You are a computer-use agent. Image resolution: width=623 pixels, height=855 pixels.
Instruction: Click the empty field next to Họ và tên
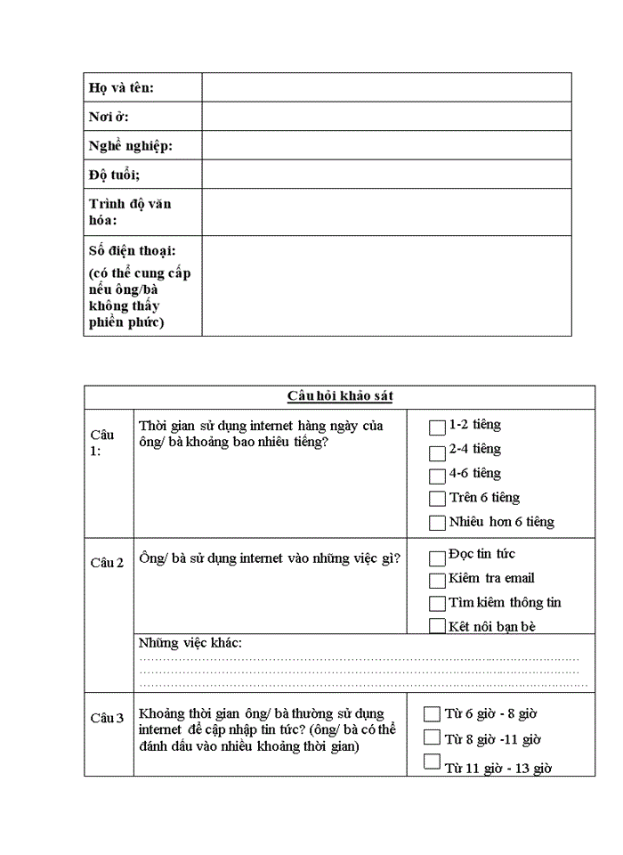(x=386, y=87)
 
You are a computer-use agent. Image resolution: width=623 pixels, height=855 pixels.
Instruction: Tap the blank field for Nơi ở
(x=386, y=117)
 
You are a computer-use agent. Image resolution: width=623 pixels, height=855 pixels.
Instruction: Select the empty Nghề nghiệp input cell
(x=386, y=145)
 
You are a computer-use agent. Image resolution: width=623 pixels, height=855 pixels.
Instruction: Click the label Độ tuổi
(x=114, y=175)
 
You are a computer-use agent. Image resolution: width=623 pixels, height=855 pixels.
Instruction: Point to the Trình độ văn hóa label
(x=130, y=212)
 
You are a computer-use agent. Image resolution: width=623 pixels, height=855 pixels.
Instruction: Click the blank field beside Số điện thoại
(x=386, y=286)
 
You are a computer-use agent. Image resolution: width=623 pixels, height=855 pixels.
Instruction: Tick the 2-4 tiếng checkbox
(x=437, y=452)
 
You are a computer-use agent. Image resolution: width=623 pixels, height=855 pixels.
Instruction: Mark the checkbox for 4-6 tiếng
(x=437, y=476)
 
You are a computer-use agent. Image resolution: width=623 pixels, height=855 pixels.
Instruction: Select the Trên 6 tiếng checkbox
(x=437, y=499)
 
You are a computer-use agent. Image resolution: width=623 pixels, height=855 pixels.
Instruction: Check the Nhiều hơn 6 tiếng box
(x=437, y=523)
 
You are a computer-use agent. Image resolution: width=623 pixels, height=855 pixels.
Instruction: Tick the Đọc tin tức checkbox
(x=437, y=558)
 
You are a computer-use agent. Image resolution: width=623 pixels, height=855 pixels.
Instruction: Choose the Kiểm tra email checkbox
(x=437, y=581)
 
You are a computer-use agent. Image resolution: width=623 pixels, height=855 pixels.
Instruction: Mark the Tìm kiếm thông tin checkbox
(x=437, y=604)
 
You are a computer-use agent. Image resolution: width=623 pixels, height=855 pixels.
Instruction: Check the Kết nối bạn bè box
(x=437, y=626)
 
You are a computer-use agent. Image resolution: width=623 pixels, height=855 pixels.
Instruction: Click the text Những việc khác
(x=190, y=643)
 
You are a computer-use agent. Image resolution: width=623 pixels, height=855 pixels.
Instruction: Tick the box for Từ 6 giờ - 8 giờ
(x=432, y=713)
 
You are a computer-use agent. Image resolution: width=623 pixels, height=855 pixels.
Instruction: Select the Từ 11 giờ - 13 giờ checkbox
(x=432, y=761)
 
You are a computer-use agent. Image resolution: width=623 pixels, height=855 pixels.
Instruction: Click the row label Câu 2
(x=107, y=562)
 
